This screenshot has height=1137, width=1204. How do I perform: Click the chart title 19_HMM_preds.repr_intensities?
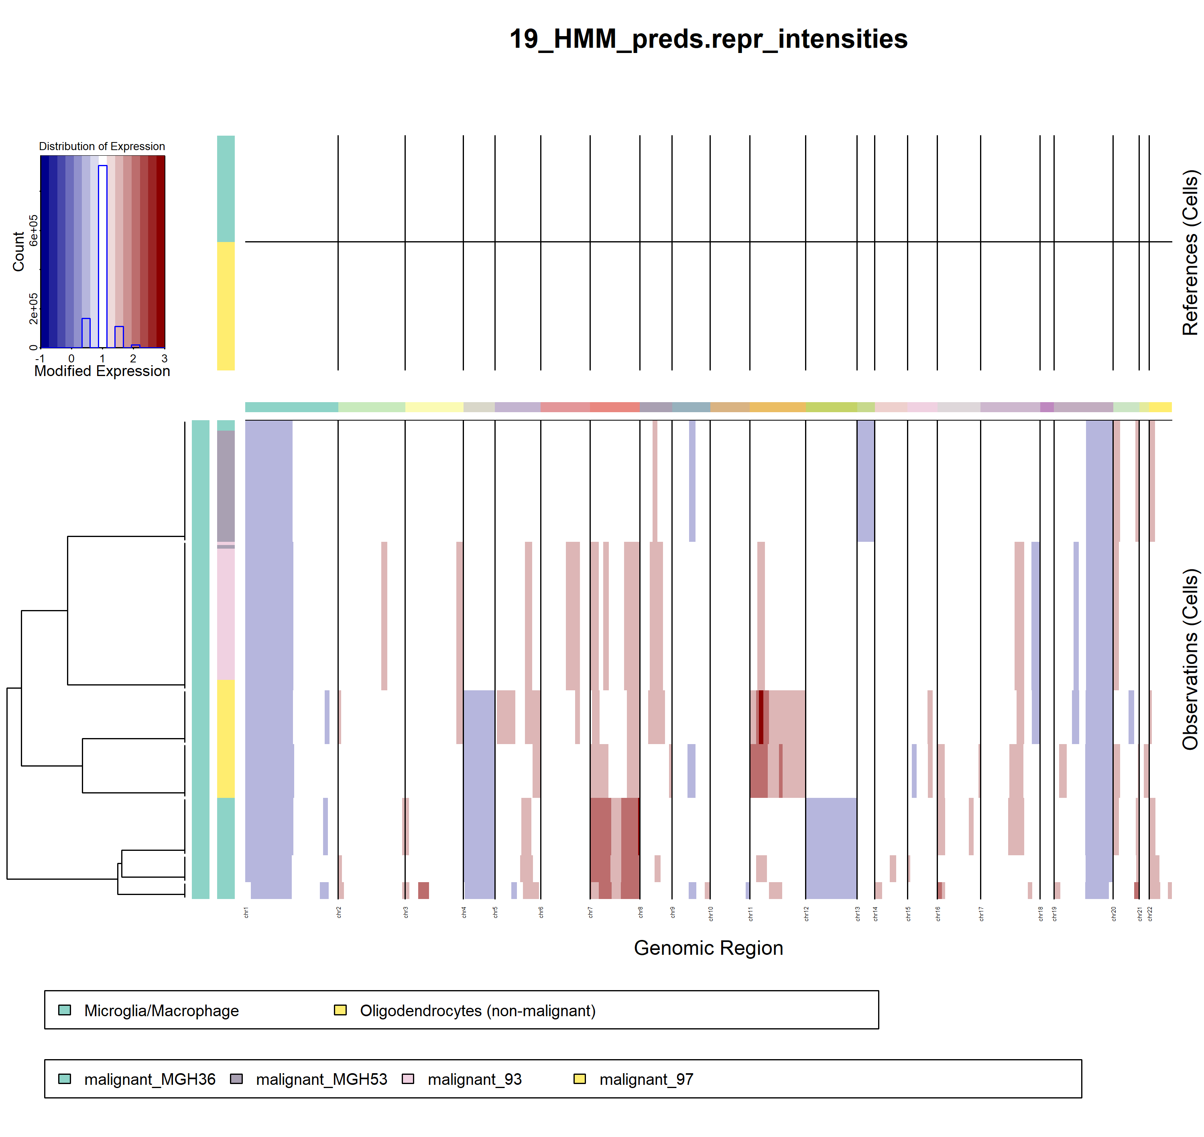pos(708,39)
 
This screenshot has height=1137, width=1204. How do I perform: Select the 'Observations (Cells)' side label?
pos(1190,659)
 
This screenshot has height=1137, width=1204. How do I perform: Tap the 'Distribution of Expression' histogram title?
pos(102,146)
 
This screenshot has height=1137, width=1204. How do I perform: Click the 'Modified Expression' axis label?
pos(102,371)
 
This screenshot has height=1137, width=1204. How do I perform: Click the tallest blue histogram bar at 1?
pos(102,254)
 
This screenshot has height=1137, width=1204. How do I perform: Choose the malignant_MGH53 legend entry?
pos(321,1080)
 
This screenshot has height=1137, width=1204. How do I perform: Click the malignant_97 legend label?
pos(646,1080)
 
